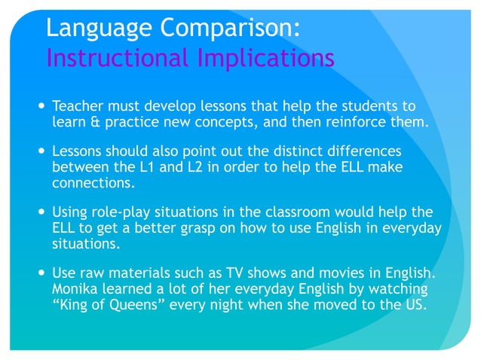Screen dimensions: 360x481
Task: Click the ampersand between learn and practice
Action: pos(93,121)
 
